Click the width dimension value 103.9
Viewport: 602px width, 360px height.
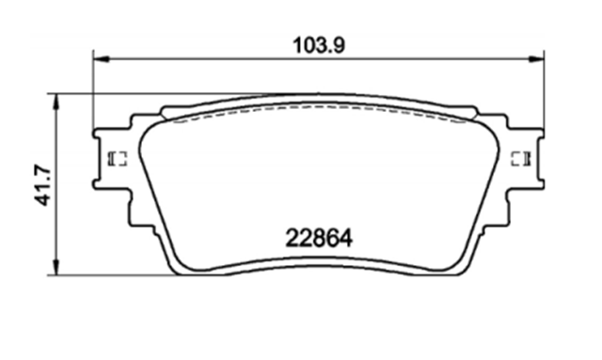(x=319, y=45)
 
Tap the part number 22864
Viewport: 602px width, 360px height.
(x=319, y=238)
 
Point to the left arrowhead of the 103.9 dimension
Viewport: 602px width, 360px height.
(x=102, y=59)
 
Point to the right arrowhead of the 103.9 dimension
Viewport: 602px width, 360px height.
(x=536, y=59)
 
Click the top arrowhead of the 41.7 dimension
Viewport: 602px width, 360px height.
(x=56, y=102)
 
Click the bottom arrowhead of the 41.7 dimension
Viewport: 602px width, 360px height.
(x=56, y=267)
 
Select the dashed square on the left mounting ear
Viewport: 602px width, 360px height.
(x=118, y=159)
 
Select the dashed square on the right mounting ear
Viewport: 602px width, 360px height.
(x=520, y=159)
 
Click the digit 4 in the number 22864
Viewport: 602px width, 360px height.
(x=345, y=238)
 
